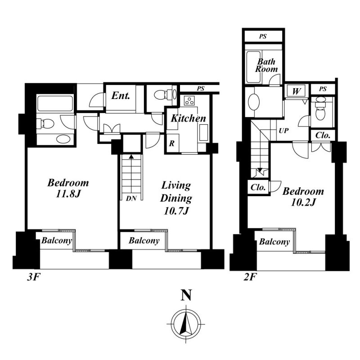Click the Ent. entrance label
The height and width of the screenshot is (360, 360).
pyautogui.click(x=121, y=95)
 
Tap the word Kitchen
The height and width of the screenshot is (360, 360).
pyautogui.click(x=188, y=118)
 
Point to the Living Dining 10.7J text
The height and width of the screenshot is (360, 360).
pyautogui.click(x=176, y=198)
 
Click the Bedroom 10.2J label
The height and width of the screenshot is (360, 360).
pyautogui.click(x=303, y=197)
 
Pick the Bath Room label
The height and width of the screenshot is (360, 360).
pyautogui.click(x=266, y=65)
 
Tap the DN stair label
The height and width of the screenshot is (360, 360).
pyautogui.click(x=131, y=198)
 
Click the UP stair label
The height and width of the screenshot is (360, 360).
pyautogui.click(x=283, y=130)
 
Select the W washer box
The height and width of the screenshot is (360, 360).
pyautogui.click(x=296, y=91)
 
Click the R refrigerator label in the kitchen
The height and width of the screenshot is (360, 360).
pyautogui.click(x=171, y=144)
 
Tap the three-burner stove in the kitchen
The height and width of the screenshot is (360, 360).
pyautogui.click(x=189, y=100)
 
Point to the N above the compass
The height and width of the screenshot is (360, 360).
pyautogui.click(x=186, y=295)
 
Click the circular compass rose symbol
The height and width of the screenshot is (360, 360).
pyautogui.click(x=186, y=324)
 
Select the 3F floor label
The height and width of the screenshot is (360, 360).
pyautogui.click(x=33, y=277)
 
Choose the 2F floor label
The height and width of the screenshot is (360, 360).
pyautogui.click(x=250, y=277)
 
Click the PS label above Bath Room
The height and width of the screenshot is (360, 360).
pyautogui.click(x=263, y=36)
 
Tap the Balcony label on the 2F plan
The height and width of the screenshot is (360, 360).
pyautogui.click(x=274, y=242)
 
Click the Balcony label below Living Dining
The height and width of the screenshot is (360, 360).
pyautogui.click(x=144, y=240)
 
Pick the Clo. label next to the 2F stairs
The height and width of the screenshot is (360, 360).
pyautogui.click(x=258, y=187)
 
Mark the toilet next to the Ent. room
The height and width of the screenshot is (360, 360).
pyautogui.click(x=163, y=94)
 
